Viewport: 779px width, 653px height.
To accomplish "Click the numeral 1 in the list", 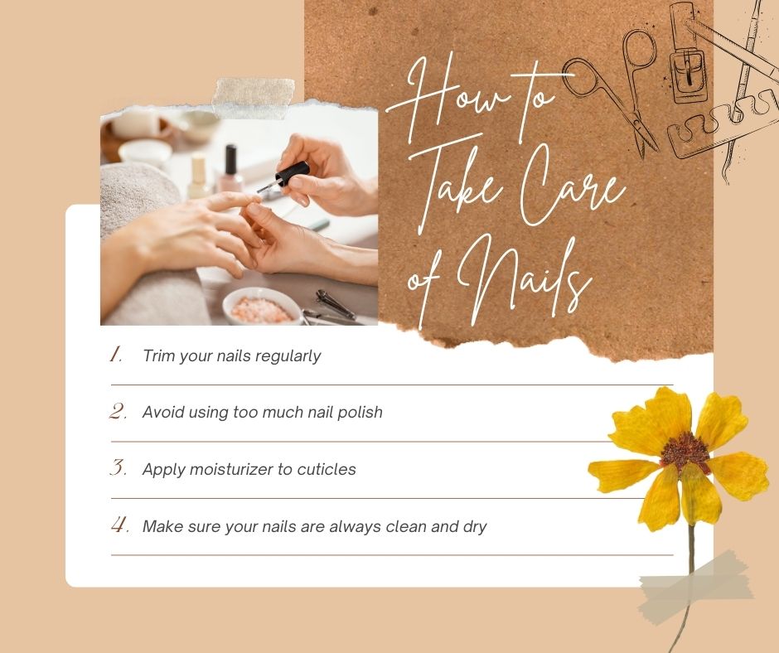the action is coord(115,355).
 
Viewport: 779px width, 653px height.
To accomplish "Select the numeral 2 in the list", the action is coord(118,412).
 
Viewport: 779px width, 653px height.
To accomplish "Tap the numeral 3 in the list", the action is coord(118,467).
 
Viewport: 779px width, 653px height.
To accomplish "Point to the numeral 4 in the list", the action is coord(119,525).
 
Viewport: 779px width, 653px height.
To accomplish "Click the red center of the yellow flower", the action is coord(685,450).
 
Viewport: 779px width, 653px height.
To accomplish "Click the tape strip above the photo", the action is coord(254,98).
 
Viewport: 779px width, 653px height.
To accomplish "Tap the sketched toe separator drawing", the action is coord(721,124).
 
